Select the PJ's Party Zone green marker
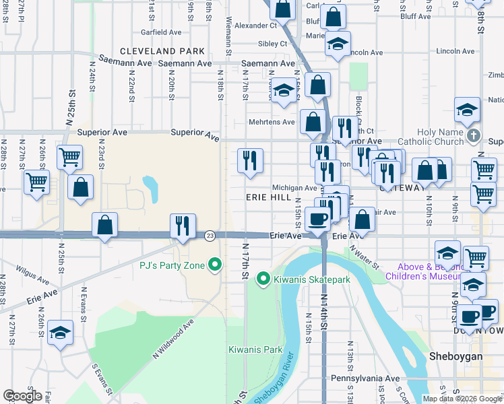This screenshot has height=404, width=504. click(216, 265)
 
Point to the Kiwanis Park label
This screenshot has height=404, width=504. click(255, 349)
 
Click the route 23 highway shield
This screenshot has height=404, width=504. click(210, 236)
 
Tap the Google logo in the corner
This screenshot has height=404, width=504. click(22, 396)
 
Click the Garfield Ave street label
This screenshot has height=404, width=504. click(161, 32)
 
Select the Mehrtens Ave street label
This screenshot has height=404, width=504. click(273, 122)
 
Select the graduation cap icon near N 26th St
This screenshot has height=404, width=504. click(61, 332)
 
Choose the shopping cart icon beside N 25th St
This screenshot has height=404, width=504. click(70, 157)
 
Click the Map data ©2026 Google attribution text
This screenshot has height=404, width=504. click(462, 399)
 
